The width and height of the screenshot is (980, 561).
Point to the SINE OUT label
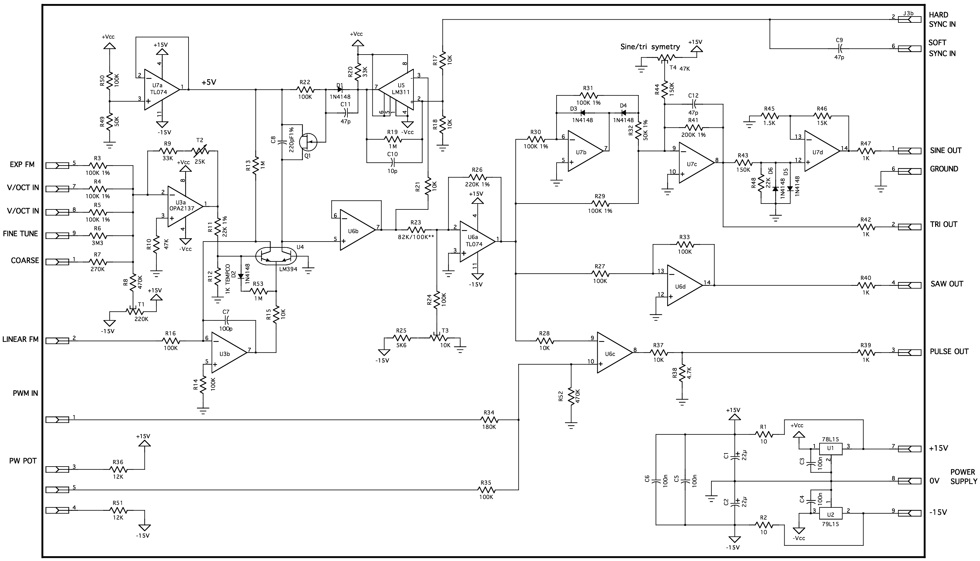946,151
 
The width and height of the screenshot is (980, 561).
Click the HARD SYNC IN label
942,20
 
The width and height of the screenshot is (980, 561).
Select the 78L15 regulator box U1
830,448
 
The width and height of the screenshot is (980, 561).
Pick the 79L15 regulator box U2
830,514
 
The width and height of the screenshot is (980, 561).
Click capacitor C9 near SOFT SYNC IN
840,49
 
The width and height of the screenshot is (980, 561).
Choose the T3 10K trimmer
439,338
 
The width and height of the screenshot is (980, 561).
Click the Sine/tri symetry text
650,47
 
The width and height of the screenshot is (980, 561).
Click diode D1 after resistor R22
340,90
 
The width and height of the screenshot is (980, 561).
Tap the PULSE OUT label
949,351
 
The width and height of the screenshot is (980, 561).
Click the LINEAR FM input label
21,339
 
